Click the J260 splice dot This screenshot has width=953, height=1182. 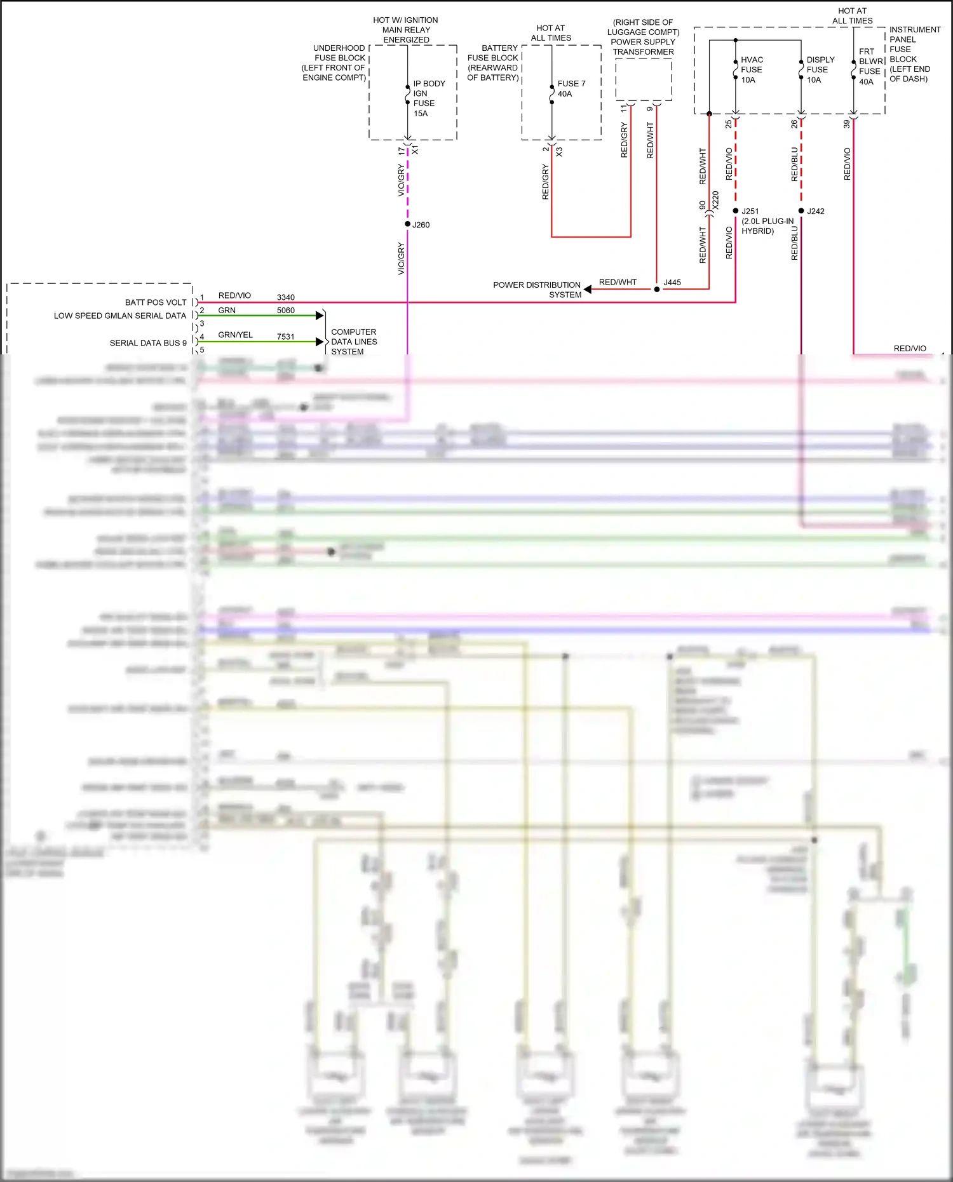pos(407,224)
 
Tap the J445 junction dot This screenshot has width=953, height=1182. pos(657,289)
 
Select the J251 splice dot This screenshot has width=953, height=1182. pos(736,211)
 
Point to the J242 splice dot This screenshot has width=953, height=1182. pos(801,211)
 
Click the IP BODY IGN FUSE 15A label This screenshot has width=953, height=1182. pos(429,98)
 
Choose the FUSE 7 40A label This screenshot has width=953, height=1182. pos(571,88)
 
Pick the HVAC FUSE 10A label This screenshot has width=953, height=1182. pos(752,70)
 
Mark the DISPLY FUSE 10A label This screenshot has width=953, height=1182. pos(820,70)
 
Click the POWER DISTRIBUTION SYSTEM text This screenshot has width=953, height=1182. pos(537,290)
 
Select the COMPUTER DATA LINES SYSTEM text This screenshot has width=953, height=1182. pos(354,342)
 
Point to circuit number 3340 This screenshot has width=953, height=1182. pos(286,297)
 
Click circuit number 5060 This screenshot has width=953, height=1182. pos(286,311)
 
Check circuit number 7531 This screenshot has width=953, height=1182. pos(286,337)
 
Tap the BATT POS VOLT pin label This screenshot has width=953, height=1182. pos(156,302)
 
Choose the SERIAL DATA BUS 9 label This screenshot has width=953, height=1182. pos(148,343)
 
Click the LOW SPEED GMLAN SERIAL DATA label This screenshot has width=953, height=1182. pos(120,316)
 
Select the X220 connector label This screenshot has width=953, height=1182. pos(715,201)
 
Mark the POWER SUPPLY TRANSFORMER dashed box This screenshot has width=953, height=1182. pos(644,79)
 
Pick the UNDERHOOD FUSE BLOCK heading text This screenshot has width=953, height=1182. pos(334,63)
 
